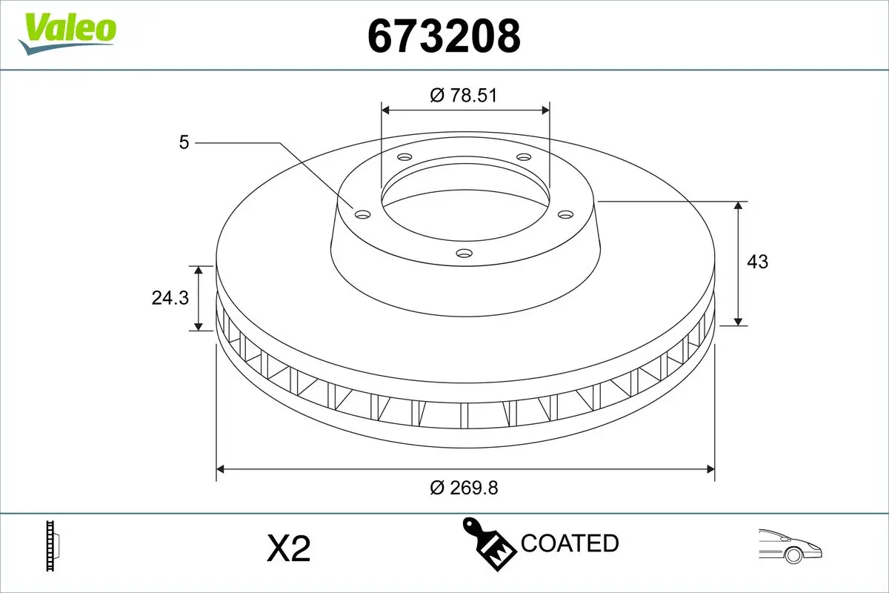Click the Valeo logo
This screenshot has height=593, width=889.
[x=67, y=32]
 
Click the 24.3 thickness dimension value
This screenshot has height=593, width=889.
[x=170, y=297]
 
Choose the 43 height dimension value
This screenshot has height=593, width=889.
[x=757, y=262]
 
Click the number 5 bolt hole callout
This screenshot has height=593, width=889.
[x=184, y=142]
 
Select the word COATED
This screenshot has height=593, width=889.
[x=570, y=543]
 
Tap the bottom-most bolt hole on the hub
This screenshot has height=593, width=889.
[x=465, y=254]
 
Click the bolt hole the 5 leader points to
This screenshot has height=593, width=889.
[x=362, y=214]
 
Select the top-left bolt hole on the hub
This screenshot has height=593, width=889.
[x=404, y=157]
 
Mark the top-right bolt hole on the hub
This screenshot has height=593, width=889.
[x=524, y=157]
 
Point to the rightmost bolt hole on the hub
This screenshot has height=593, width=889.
[x=566, y=214]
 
